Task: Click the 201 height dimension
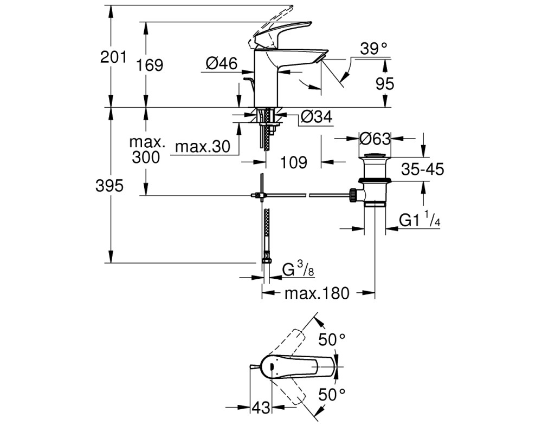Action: (113, 57)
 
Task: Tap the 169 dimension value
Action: (150, 64)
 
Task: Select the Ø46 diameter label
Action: (222, 63)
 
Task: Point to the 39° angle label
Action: (373, 49)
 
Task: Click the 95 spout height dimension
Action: (385, 83)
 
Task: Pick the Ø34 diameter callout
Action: (317, 116)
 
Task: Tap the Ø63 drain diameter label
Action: (375, 139)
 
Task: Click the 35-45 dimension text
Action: (422, 169)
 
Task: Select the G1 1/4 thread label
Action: (420, 220)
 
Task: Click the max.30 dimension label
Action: (203, 146)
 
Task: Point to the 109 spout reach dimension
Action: (293, 162)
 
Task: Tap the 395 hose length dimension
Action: (109, 186)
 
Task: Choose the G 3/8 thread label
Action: (298, 269)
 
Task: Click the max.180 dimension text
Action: (317, 293)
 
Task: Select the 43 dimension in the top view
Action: (261, 408)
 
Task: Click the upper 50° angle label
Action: (332, 339)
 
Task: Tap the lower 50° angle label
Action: (332, 394)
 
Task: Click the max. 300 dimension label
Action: (146, 149)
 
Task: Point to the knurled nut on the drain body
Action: (353, 195)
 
